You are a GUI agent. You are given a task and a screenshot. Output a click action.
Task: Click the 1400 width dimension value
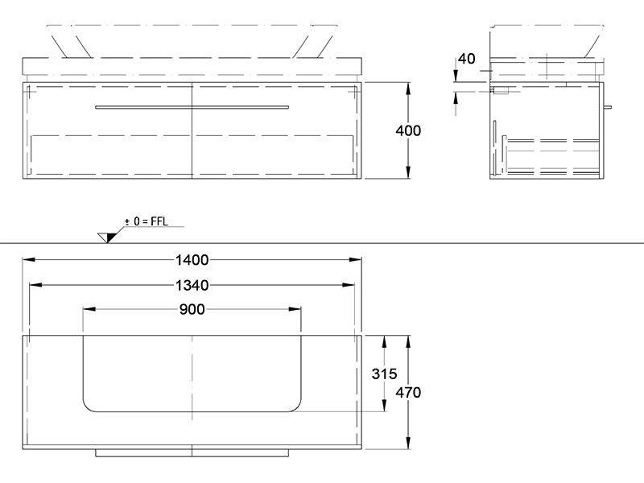click(x=192, y=260)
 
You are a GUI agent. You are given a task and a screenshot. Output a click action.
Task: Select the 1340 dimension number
click(x=192, y=285)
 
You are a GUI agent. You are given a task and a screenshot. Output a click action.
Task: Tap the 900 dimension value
click(x=192, y=309)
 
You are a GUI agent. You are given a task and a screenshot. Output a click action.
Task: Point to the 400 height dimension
click(x=408, y=130)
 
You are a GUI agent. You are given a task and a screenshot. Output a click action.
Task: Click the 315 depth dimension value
click(x=384, y=374)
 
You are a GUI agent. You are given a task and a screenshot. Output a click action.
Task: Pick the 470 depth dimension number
click(x=408, y=393)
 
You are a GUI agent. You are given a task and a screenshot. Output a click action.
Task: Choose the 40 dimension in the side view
click(x=466, y=59)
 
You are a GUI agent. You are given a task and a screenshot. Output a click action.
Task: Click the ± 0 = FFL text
click(x=147, y=221)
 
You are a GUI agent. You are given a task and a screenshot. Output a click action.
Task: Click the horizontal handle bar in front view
click(x=192, y=108)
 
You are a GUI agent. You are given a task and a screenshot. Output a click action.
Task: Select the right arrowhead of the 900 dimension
click(x=295, y=309)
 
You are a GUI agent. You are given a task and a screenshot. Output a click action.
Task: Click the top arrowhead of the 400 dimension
click(x=408, y=89)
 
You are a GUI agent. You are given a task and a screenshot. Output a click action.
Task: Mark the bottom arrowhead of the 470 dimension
click(x=408, y=443)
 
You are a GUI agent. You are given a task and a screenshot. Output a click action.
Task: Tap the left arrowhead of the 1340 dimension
click(x=35, y=285)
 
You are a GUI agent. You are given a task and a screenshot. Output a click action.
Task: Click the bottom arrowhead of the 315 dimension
click(x=384, y=405)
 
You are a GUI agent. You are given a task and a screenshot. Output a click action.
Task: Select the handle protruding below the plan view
click(x=192, y=453)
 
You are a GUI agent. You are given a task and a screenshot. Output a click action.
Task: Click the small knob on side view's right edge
click(x=608, y=107)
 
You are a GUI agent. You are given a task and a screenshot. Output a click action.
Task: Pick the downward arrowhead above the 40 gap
click(x=456, y=76)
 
